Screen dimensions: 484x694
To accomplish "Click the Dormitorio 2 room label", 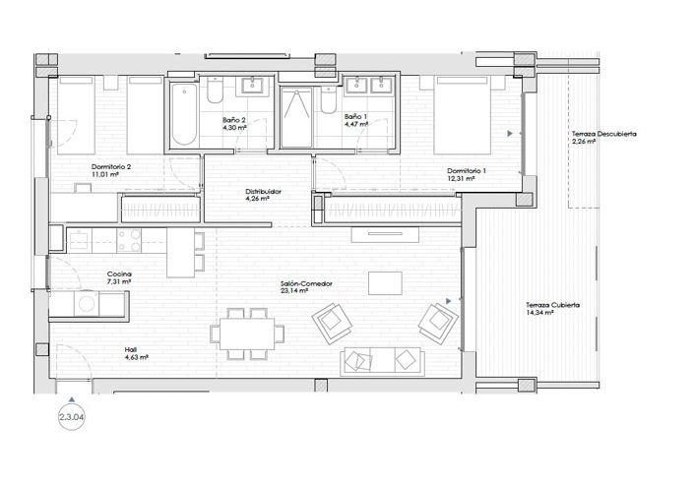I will [111, 167].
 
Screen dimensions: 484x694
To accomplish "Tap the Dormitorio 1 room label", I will [466, 170].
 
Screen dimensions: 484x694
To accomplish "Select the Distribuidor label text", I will [264, 191].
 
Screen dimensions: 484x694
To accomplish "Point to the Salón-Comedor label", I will [306, 283].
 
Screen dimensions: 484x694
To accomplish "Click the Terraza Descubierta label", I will [602, 133].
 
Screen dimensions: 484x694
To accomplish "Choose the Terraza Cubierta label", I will [551, 305].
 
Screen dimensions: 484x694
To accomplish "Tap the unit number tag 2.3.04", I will [73, 417].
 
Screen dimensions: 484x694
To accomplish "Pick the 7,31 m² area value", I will [119, 281].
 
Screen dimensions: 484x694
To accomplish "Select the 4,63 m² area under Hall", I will [136, 357].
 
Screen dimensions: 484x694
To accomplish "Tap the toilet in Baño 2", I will [213, 94].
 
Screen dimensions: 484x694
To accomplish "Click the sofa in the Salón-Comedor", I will [380, 361].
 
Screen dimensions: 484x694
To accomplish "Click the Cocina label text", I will [119, 273].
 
